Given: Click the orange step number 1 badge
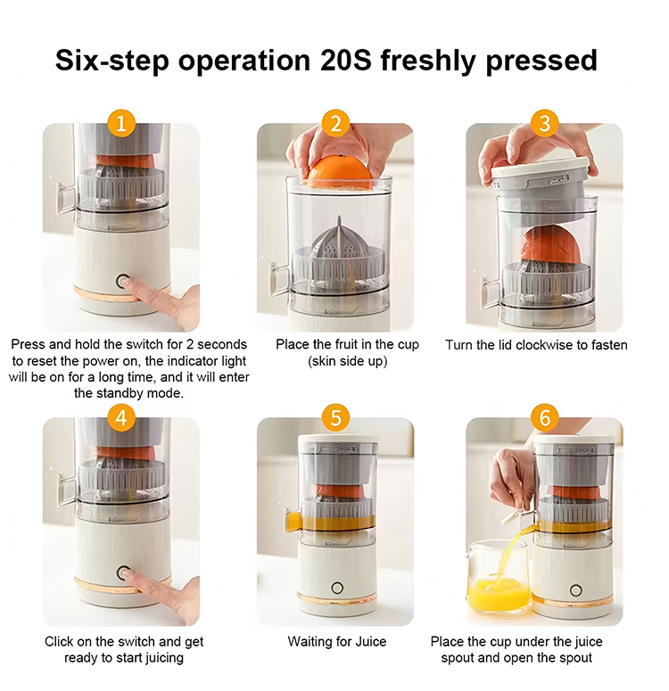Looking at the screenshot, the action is pyautogui.click(x=120, y=123).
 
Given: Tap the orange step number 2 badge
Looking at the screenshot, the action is pyautogui.click(x=335, y=123).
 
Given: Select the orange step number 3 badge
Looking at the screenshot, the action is pyautogui.click(x=545, y=123).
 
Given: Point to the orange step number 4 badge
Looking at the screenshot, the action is pyautogui.click(x=120, y=417).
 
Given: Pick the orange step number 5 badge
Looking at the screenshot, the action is pyautogui.click(x=335, y=417).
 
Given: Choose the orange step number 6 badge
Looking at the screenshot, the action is pyautogui.click(x=545, y=417).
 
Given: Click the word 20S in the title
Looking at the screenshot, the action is pyautogui.click(x=346, y=60).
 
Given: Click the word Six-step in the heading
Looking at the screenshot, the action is pyautogui.click(x=112, y=61).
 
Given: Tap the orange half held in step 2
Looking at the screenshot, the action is pyautogui.click(x=339, y=174).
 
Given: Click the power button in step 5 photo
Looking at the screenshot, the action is pyautogui.click(x=337, y=588).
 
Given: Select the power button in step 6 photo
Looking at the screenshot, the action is pyautogui.click(x=575, y=590).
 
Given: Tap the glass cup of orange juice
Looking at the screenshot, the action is pyautogui.click(x=497, y=577).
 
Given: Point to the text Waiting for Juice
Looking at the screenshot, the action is pyautogui.click(x=337, y=641).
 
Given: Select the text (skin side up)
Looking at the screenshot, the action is pyautogui.click(x=348, y=361).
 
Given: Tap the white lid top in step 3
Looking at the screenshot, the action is pyautogui.click(x=540, y=167).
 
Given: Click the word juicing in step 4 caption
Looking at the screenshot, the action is pyautogui.click(x=160, y=658).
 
